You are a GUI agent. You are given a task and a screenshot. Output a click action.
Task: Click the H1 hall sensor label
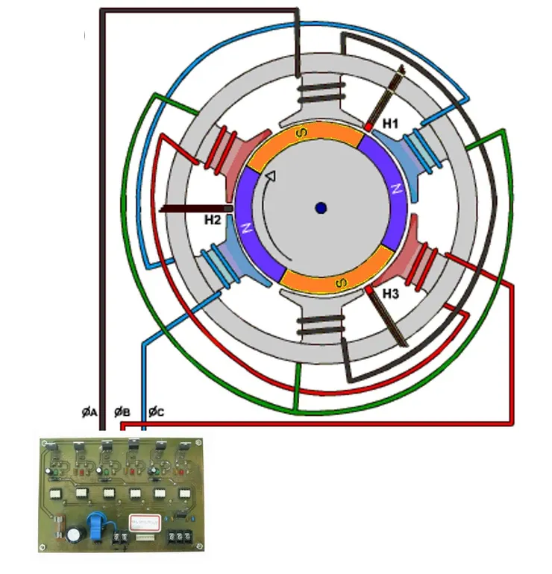[x=390, y=124]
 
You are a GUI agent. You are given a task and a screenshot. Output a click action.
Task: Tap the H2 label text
[x=213, y=220]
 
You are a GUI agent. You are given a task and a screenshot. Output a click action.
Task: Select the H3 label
[x=390, y=294]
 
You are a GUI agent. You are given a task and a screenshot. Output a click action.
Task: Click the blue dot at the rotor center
[x=321, y=208]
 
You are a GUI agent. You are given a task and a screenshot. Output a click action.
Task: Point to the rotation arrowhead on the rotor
[x=271, y=176]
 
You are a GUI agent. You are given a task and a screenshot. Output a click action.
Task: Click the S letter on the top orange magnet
[x=301, y=133]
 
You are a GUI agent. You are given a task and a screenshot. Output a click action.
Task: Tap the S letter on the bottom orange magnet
[x=341, y=283]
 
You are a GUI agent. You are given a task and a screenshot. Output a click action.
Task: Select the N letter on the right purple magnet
[x=397, y=189]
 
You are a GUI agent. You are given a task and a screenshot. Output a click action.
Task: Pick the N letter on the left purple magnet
[x=246, y=228]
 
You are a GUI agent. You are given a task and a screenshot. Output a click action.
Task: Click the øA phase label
[x=90, y=412]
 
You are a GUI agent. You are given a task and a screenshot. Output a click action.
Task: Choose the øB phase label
[x=122, y=412]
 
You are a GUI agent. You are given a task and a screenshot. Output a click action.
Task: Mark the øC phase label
[x=157, y=412]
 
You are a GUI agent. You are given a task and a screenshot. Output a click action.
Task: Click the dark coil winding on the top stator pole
[x=322, y=92]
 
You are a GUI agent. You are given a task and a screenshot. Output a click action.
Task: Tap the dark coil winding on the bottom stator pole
[x=322, y=326]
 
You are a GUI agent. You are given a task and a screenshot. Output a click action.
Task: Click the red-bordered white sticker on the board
[x=145, y=523]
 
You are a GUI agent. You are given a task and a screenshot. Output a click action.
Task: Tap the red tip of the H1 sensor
[x=368, y=127]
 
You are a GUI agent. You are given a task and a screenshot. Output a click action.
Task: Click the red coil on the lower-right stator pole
[x=422, y=265]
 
